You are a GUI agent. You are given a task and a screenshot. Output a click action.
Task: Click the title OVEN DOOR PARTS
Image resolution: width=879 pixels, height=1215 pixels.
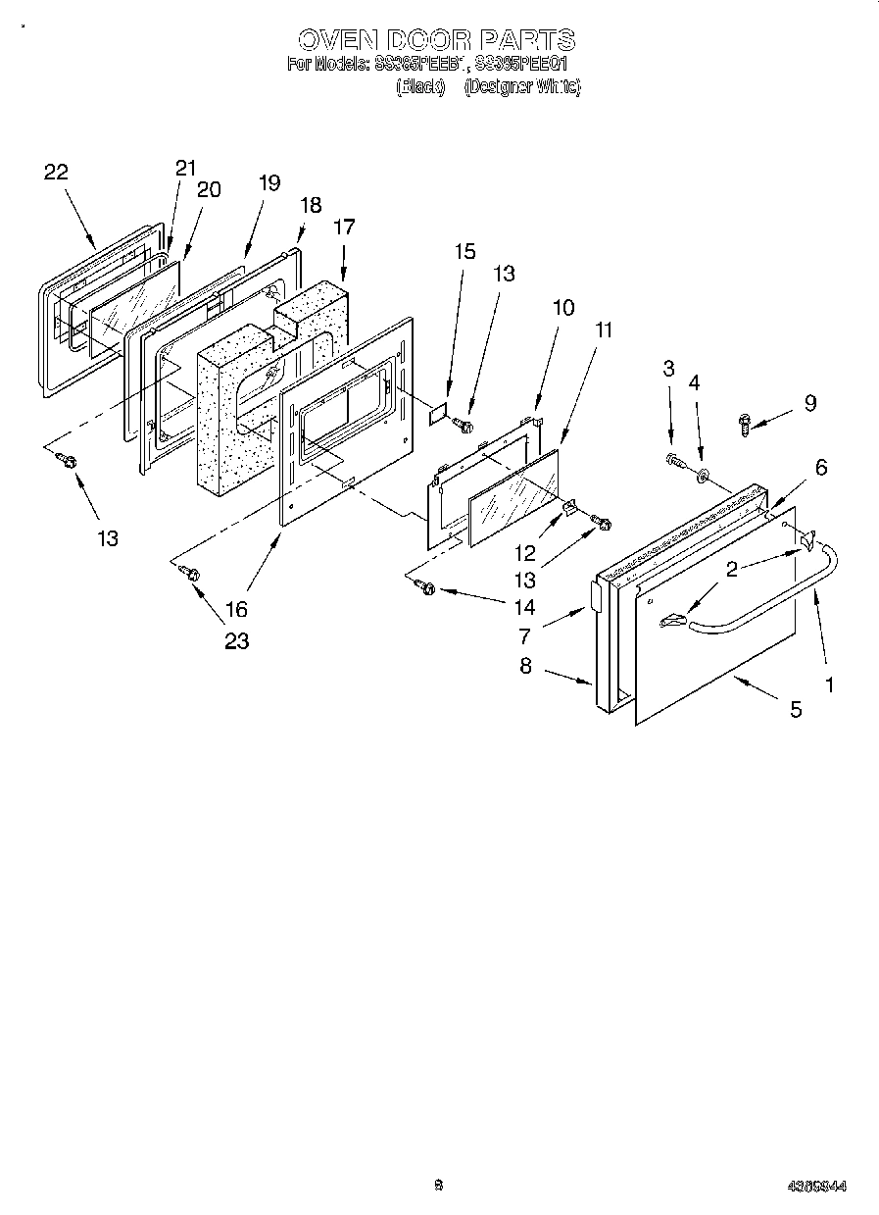(436, 39)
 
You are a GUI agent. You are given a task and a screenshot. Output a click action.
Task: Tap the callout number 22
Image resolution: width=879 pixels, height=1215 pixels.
(56, 173)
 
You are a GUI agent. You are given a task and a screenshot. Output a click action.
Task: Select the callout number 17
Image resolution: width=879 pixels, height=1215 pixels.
(344, 227)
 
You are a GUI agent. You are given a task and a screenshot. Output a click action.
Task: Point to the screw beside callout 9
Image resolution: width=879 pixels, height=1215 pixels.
(745, 424)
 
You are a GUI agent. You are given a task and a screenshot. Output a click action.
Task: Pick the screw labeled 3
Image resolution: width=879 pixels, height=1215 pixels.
(672, 458)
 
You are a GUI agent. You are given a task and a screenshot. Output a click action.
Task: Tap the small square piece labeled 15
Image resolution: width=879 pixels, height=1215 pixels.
(437, 415)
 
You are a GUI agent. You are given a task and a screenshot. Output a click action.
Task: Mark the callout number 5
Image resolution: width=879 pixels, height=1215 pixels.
(795, 708)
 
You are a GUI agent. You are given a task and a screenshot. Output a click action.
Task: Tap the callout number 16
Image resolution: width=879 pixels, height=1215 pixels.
(236, 609)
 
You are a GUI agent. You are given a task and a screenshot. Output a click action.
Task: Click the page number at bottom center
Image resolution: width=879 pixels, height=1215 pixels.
(439, 1185)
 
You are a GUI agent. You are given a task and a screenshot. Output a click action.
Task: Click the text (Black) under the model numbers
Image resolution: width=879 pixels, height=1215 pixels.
(420, 87)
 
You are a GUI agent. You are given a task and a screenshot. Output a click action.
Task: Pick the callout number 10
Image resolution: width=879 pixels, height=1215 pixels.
(562, 307)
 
